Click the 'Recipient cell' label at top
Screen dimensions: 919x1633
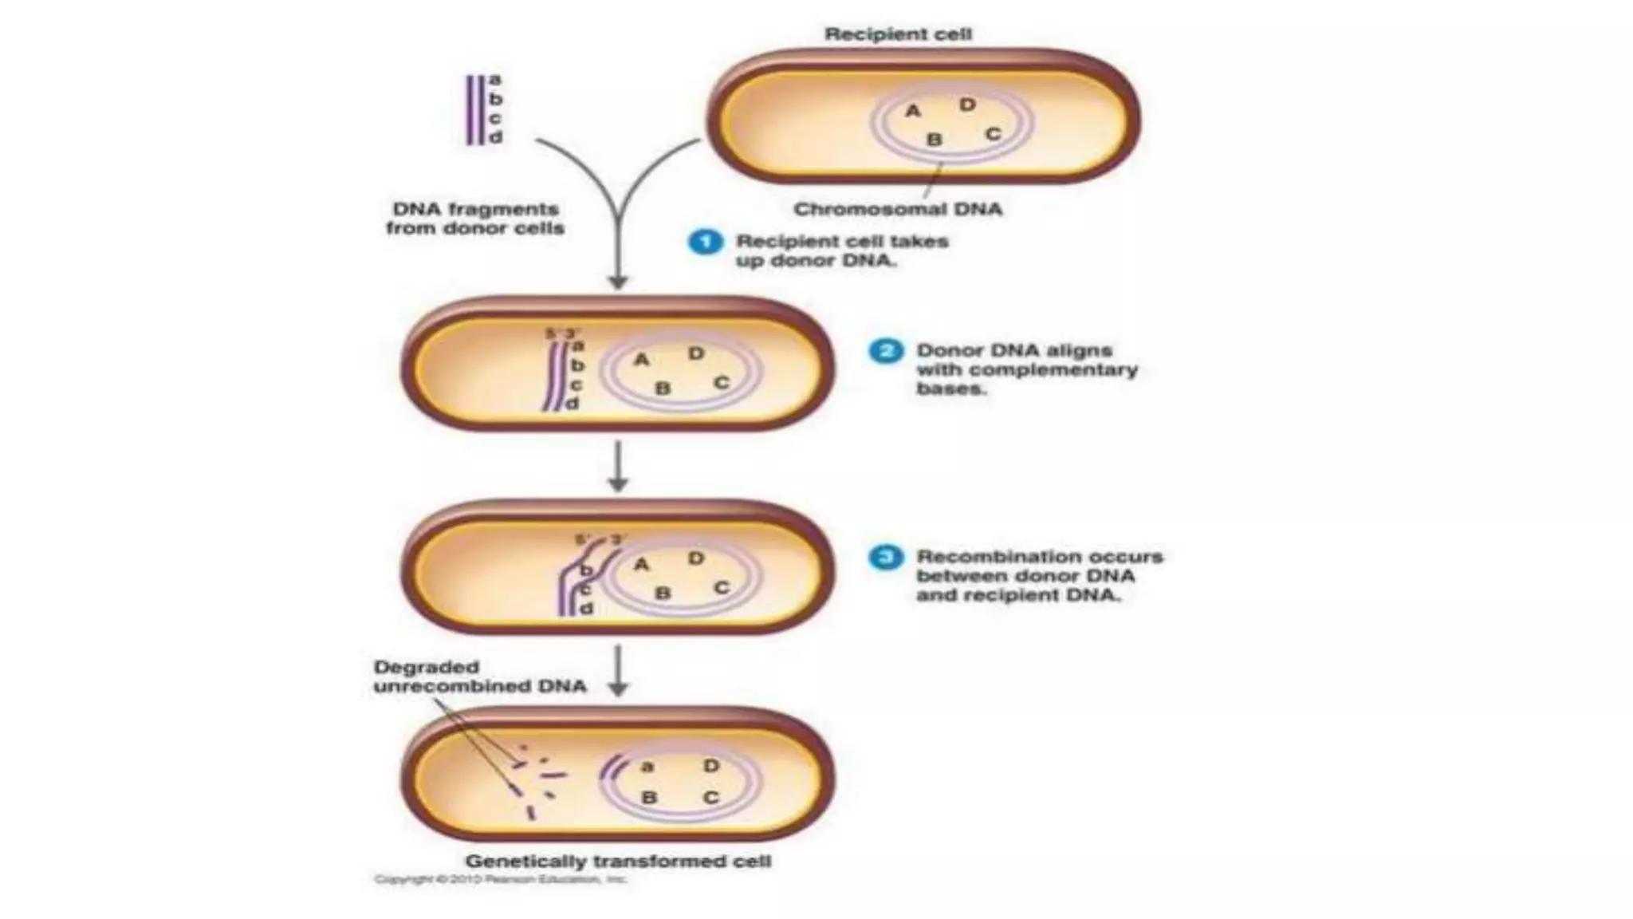point(898,34)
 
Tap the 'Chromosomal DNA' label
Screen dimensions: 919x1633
point(898,210)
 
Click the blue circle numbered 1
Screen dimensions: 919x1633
point(705,242)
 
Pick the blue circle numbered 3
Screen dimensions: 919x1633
point(885,558)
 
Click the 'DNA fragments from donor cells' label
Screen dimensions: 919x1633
point(475,219)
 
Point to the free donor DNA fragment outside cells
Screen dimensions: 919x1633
point(475,110)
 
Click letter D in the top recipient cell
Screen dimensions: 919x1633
point(967,105)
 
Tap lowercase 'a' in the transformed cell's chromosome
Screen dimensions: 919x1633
point(647,767)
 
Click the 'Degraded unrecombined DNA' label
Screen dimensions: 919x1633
point(479,676)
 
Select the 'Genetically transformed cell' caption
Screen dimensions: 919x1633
point(618,862)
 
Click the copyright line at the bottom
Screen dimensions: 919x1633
point(500,880)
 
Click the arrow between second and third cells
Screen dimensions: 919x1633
point(618,467)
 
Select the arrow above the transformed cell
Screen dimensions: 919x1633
point(618,671)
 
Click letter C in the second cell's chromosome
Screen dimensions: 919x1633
point(722,383)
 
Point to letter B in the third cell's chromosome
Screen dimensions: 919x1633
point(663,594)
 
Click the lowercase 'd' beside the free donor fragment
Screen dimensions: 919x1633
point(496,137)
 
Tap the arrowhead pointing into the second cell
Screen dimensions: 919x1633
point(618,282)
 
